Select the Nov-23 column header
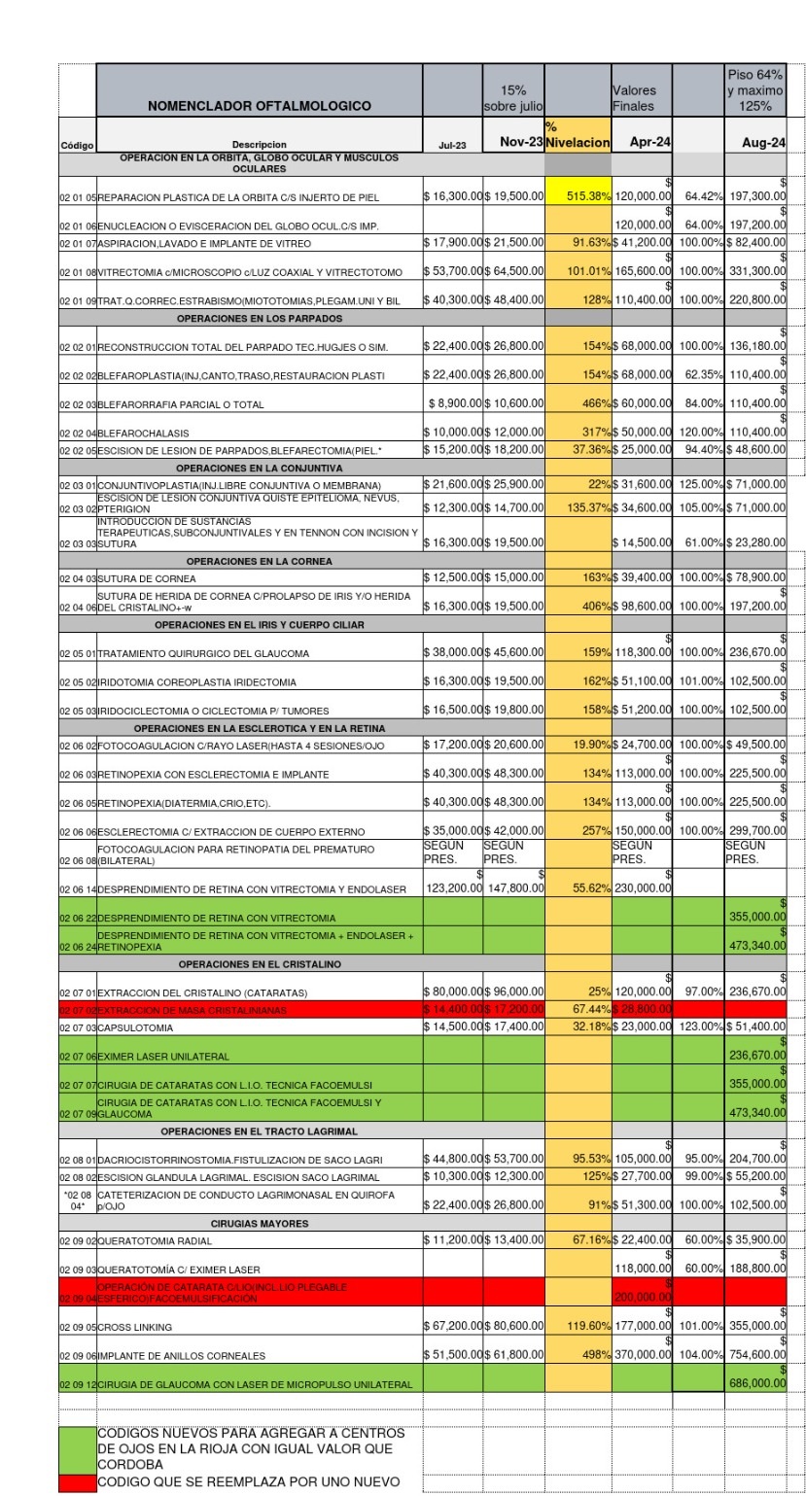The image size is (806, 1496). (513, 143)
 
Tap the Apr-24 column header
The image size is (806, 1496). (641, 143)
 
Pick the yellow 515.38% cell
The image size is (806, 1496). (578, 197)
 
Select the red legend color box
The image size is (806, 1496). (77, 1483)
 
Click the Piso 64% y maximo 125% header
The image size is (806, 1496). (755, 91)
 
